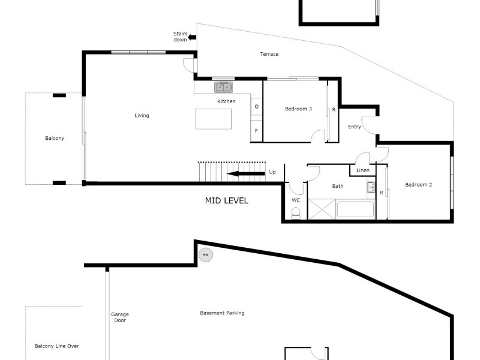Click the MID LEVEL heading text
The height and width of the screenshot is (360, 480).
227,201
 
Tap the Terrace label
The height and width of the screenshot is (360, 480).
269,55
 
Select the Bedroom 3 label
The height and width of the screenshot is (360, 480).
298,109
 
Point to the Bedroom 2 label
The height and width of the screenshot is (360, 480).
418,185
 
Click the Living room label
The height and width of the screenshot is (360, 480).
142,116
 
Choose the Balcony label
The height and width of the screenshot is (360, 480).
55,139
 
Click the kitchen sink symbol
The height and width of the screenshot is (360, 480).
223,88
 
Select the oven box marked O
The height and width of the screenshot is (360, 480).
257,107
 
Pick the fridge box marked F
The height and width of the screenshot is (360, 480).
257,131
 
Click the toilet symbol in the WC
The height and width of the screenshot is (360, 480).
295,213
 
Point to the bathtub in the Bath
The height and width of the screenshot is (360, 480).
356,210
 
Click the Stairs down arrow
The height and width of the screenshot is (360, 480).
192,38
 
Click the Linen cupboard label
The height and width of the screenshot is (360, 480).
363,171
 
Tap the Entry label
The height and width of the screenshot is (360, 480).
355,127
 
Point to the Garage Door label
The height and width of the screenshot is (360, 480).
120,317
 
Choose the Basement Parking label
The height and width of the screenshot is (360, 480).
222,313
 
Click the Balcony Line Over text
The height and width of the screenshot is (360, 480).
57,346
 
